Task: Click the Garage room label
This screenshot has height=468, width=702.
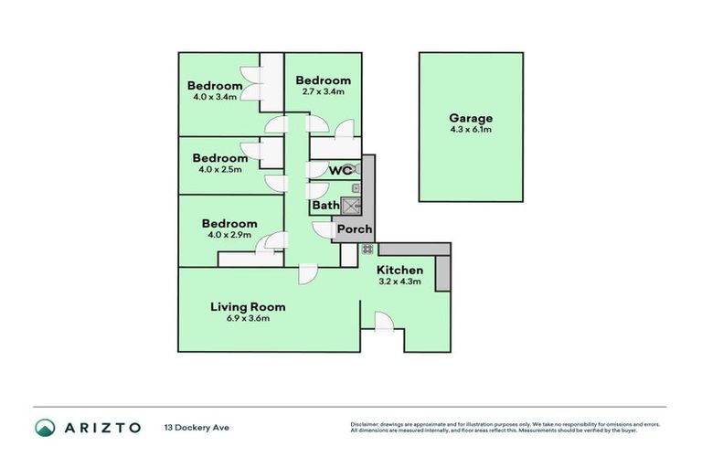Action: pos(471,118)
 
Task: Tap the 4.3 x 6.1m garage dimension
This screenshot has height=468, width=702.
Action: pos(471,130)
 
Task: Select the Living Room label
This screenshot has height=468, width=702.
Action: pos(248,307)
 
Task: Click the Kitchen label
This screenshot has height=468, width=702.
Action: pos(400,271)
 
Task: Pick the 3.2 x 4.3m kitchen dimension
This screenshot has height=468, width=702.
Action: pos(400,282)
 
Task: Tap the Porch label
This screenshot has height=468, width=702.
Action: pos(354,229)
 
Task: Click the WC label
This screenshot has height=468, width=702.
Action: pos(341,171)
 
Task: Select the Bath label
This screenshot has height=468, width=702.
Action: pos(325,206)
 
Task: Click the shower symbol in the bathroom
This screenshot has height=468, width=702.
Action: pos(352,206)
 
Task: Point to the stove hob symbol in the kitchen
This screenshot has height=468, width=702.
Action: pos(367,249)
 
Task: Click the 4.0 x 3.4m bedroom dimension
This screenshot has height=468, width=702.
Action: pos(215,96)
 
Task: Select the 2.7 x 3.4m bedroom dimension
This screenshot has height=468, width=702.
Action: pos(323,91)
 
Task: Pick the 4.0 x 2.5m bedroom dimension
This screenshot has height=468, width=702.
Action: pos(219,169)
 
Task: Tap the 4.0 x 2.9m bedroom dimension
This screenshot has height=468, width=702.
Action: pos(229,235)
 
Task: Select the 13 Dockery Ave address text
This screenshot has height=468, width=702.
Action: pos(195,428)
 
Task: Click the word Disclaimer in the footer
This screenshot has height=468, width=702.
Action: pos(365,425)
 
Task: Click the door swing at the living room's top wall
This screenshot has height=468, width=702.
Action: pos(307,273)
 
